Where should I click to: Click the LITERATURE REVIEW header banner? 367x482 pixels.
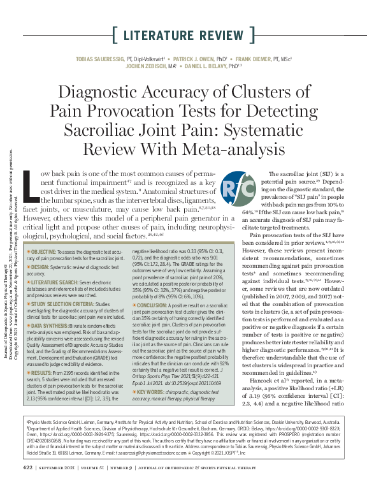(183, 34)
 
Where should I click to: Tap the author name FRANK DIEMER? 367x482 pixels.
(257, 58)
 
